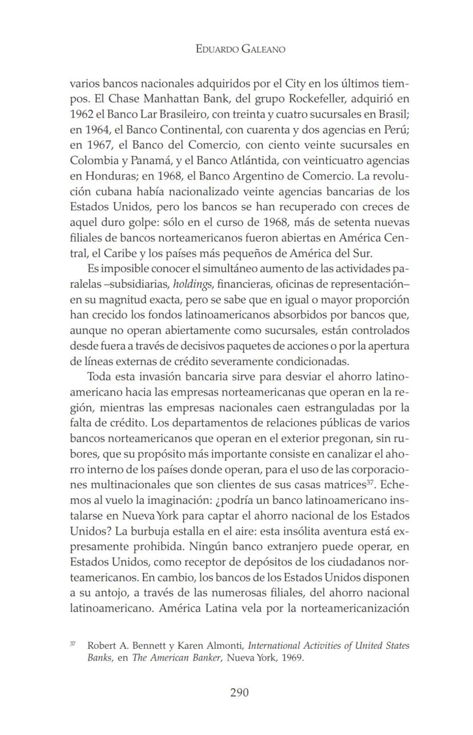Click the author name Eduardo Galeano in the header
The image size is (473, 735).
240,49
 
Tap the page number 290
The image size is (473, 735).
239,693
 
